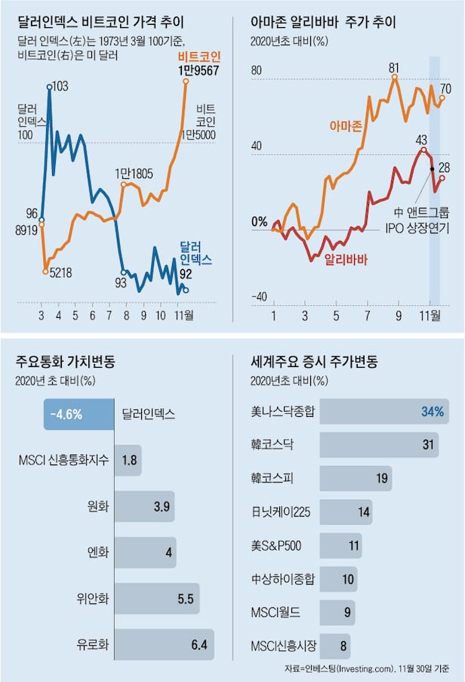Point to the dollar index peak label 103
(60, 87)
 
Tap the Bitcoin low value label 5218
(60, 273)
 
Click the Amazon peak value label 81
(393, 68)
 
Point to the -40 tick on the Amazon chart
(259, 296)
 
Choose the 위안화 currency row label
(93, 599)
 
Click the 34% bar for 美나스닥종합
(383, 412)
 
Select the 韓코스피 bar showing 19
(356, 478)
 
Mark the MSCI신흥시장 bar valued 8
(335, 647)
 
